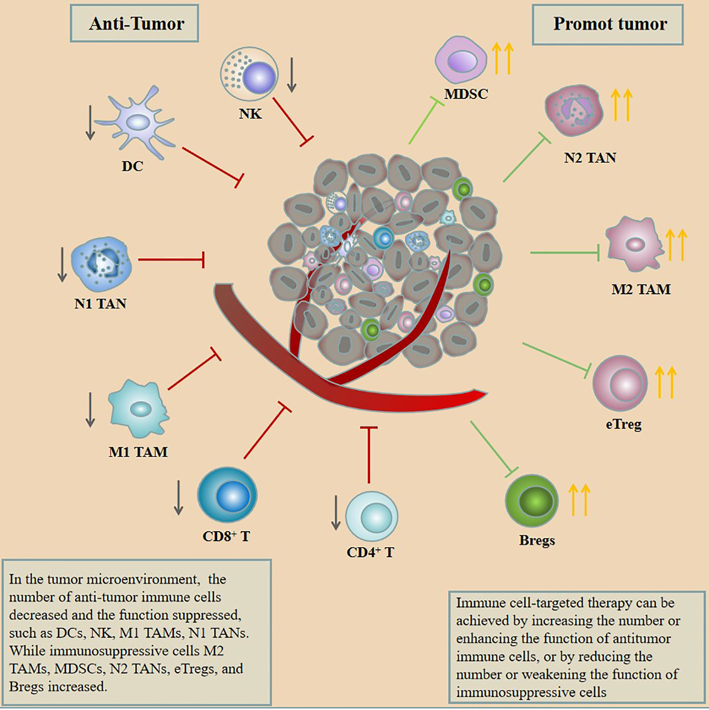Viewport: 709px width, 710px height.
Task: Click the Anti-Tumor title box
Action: pyautogui.click(x=134, y=23)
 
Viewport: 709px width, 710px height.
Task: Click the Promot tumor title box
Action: pyautogui.click(x=607, y=24)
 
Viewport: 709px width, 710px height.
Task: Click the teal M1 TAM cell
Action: pyautogui.click(x=139, y=408)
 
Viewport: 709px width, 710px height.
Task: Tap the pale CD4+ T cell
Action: pyautogui.click(x=372, y=516)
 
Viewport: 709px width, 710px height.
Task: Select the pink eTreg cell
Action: pyautogui.click(x=620, y=383)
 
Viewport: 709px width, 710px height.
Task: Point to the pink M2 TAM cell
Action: pyautogui.click(x=634, y=244)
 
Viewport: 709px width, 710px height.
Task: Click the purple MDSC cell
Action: pyautogui.click(x=461, y=60)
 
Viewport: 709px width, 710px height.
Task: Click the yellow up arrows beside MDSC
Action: pyautogui.click(x=503, y=58)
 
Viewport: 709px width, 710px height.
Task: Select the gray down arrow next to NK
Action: pyautogui.click(x=292, y=75)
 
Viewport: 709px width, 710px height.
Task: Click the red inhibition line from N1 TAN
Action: pyautogui.click(x=171, y=259)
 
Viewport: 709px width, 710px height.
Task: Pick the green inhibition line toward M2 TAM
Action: pyautogui.click(x=564, y=253)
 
